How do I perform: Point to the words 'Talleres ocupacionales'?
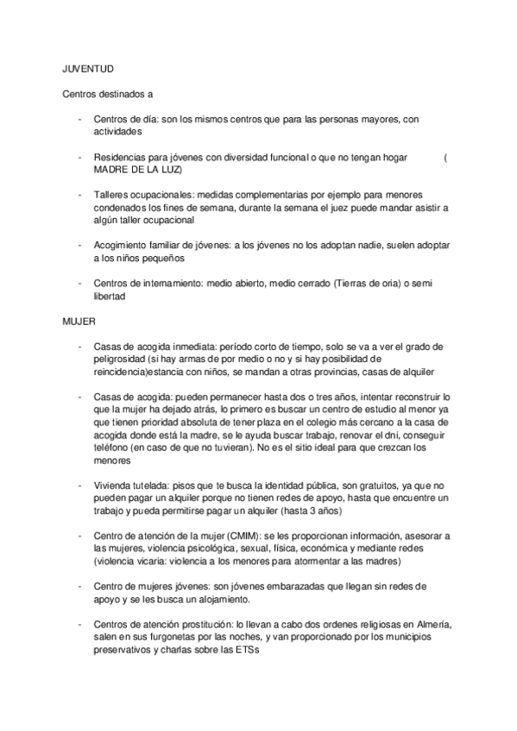click(139, 195)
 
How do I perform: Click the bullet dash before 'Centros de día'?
click(79, 119)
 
